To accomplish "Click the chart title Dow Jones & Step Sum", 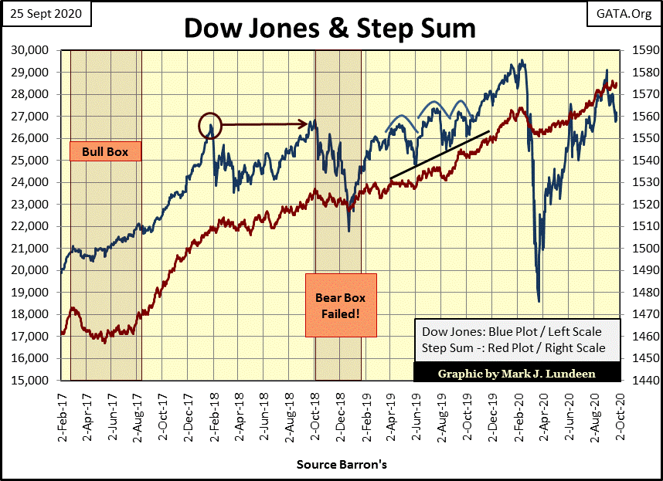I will coord(330,28).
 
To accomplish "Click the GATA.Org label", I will coord(625,14).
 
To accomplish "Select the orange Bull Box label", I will coord(105,151).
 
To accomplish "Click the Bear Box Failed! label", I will coord(341,306).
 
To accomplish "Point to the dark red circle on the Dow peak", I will coord(209,124).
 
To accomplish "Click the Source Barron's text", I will coord(341,466).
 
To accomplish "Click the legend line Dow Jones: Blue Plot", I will coord(511,332).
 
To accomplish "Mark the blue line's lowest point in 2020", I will coord(538,301).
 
